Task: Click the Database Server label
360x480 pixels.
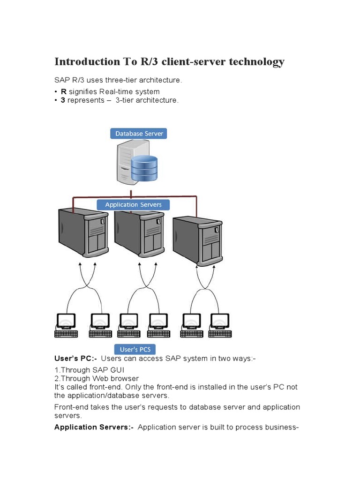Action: click(139, 134)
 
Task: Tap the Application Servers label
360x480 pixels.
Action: click(133, 205)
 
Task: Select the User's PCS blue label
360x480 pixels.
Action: click(135, 350)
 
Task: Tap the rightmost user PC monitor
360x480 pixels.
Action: click(219, 321)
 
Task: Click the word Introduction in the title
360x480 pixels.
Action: click(87, 62)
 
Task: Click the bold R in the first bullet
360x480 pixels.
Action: click(64, 92)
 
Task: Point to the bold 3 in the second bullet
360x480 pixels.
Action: click(63, 100)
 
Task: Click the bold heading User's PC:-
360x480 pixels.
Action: click(75, 359)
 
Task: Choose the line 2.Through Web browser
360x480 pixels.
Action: click(97, 379)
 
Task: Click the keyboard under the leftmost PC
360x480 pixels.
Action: click(66, 334)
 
